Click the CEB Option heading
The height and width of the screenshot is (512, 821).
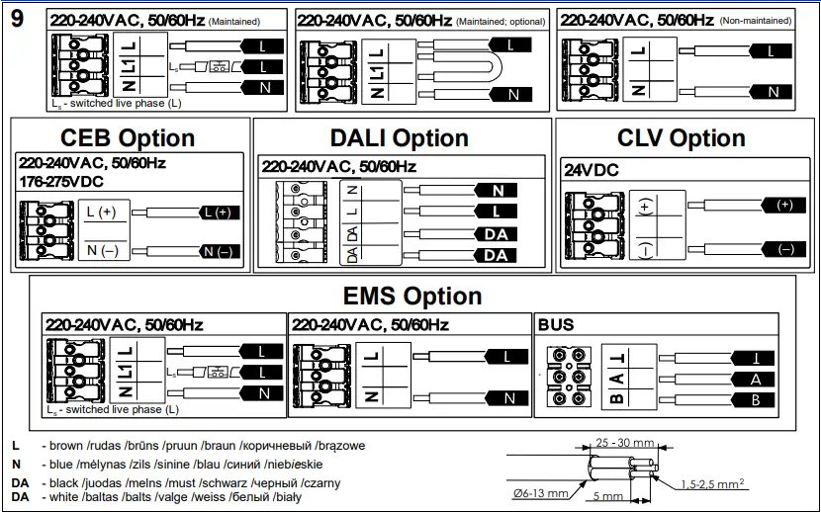pos(128,137)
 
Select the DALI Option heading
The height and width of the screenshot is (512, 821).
pos(399,137)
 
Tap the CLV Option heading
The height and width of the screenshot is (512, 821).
pos(681,137)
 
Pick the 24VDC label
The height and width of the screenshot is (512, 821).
pos(592,170)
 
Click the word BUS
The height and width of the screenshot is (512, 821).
pos(555,324)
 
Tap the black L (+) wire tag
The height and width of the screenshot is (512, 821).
pos(219,213)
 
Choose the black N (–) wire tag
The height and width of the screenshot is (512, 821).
pos(219,252)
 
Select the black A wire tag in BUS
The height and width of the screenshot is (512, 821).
pos(753,379)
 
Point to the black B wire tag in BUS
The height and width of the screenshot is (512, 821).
pos(753,399)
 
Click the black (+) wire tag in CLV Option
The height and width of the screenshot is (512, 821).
pos(785,205)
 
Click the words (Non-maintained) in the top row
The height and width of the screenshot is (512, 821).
pos(756,20)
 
